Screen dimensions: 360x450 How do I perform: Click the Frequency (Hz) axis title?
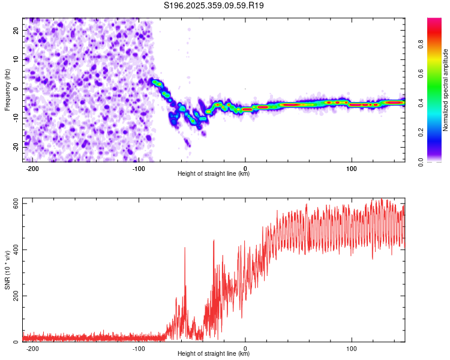[x=7, y=90]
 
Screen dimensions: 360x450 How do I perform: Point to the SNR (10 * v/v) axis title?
[x=7, y=271]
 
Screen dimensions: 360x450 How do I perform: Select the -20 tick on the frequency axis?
[x=14, y=147]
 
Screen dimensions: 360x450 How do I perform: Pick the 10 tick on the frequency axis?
[x=16, y=59]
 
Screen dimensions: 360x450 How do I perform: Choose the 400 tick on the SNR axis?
[x=14, y=250]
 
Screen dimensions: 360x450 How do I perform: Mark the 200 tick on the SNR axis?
[x=14, y=296]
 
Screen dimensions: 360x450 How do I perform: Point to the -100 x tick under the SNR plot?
[x=139, y=348]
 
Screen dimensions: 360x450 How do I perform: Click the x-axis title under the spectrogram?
[x=214, y=174]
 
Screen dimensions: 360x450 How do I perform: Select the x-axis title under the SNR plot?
[x=214, y=353]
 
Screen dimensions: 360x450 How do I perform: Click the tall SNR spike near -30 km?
[x=214, y=241]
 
